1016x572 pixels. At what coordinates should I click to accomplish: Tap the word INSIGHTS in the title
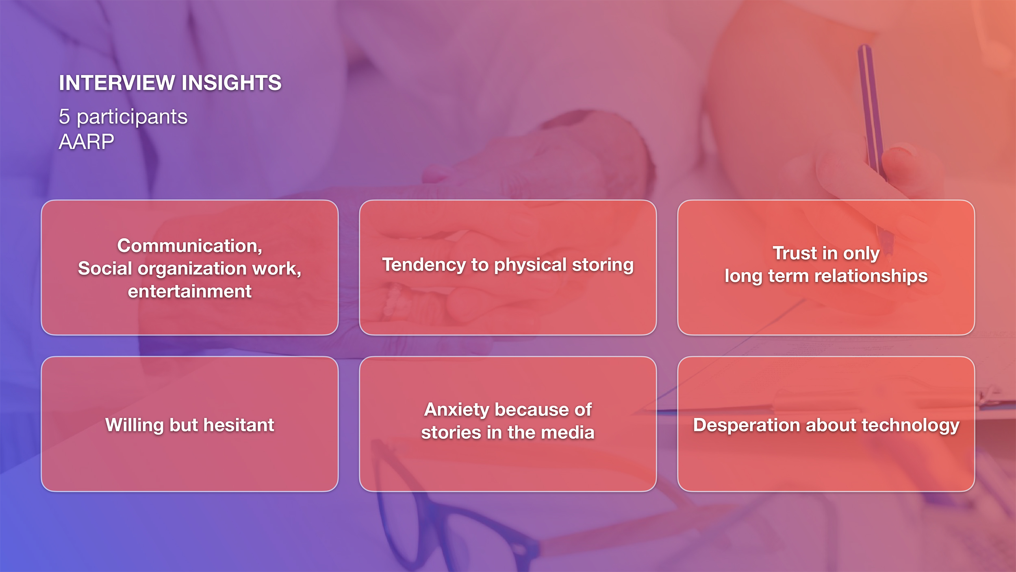[232, 83]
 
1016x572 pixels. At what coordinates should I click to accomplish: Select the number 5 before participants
[64, 116]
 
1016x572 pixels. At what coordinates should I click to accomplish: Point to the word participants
[132, 118]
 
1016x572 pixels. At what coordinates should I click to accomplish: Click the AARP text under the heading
[87, 142]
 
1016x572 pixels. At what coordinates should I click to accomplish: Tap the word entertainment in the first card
[190, 292]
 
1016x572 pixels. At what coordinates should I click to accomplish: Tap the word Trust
[795, 253]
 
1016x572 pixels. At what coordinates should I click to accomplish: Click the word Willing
[135, 426]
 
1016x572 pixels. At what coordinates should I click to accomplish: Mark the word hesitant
[239, 425]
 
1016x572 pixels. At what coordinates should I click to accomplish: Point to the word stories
[451, 432]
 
